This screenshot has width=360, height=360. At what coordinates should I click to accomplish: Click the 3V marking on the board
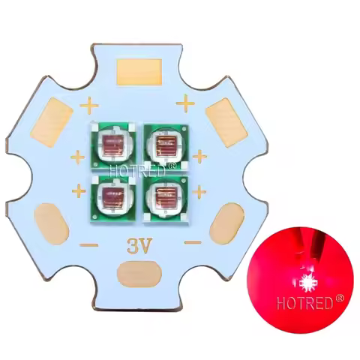(x=137, y=244)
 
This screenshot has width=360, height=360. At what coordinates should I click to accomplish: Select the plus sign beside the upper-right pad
(x=187, y=99)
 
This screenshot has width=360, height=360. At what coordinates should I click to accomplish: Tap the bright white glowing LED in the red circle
(x=308, y=283)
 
